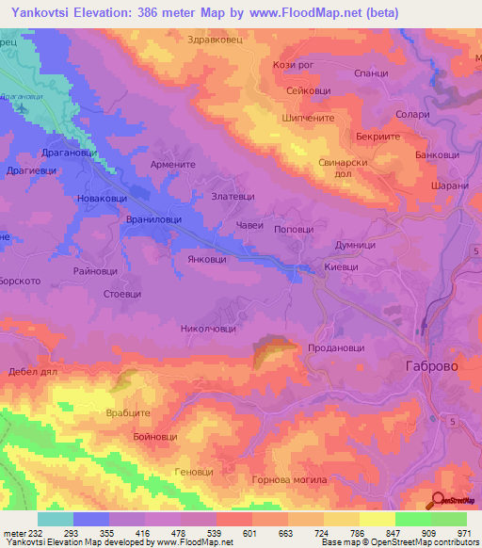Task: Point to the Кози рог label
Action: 292,65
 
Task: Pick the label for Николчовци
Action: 208,330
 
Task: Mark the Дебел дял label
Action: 33,372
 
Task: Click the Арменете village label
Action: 172,163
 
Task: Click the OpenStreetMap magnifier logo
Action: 438,501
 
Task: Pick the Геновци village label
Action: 195,471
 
